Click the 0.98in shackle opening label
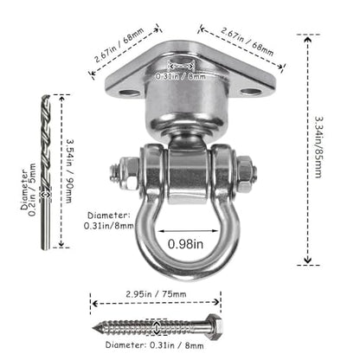click(x=185, y=244)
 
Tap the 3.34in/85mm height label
click(x=318, y=147)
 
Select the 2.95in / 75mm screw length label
click(x=156, y=294)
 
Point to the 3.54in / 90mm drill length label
click(x=69, y=171)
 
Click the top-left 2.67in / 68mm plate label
click(x=119, y=45)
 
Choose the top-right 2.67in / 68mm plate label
click(x=247, y=42)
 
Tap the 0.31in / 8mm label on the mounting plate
click(x=181, y=76)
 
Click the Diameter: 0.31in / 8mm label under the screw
click(x=155, y=345)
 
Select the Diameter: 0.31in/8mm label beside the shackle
click(x=109, y=221)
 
